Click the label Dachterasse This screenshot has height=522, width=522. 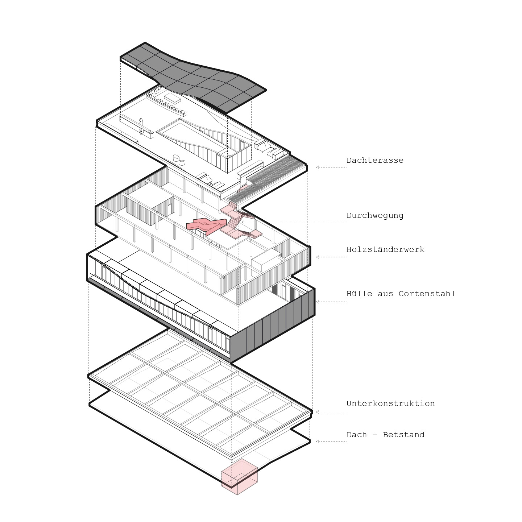pos(375,160)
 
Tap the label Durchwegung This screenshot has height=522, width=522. pos(375,216)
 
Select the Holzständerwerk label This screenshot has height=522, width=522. pos(385,249)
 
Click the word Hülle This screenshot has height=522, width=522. pos(359,294)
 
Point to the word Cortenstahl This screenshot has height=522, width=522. pos(427,294)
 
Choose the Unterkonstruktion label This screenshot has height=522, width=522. pos(390,403)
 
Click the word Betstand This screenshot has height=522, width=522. pos(403,435)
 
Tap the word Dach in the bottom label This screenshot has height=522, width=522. pos(356,435)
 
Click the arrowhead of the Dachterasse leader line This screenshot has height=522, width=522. pos(317,167)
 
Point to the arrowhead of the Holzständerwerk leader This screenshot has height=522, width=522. pos(317,257)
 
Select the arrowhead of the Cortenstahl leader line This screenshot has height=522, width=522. pos(317,302)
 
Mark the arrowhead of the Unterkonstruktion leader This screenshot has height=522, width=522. pos(317,412)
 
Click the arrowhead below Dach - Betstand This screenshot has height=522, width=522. pos(317,441)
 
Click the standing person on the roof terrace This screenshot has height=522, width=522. pos(141,122)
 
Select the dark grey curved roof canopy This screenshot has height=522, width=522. pos(193,77)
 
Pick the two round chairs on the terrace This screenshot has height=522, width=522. pos(179,160)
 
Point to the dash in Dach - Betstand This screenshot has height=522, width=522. pos(375,435)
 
